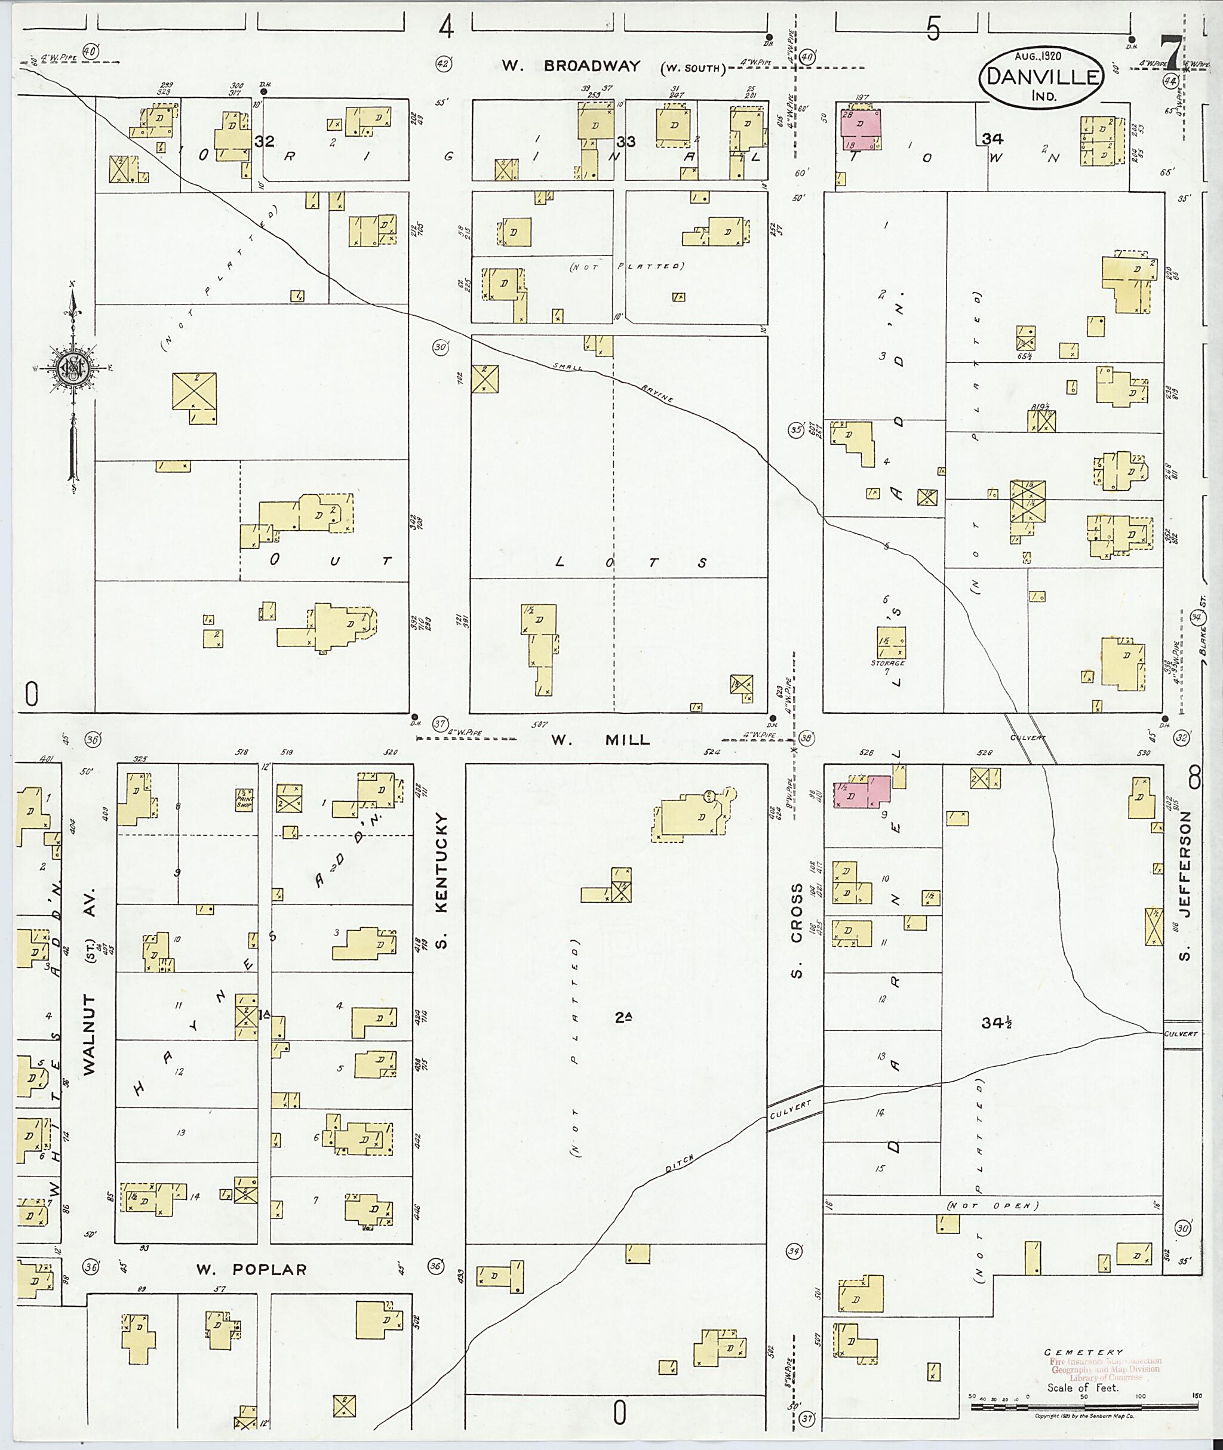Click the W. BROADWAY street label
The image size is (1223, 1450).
click(x=571, y=66)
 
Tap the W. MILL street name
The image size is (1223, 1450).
click(x=600, y=740)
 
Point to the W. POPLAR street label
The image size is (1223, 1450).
click(x=251, y=1269)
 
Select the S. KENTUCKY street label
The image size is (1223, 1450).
click(x=442, y=881)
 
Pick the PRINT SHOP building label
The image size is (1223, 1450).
click(x=244, y=800)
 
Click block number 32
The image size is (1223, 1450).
click(x=264, y=141)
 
